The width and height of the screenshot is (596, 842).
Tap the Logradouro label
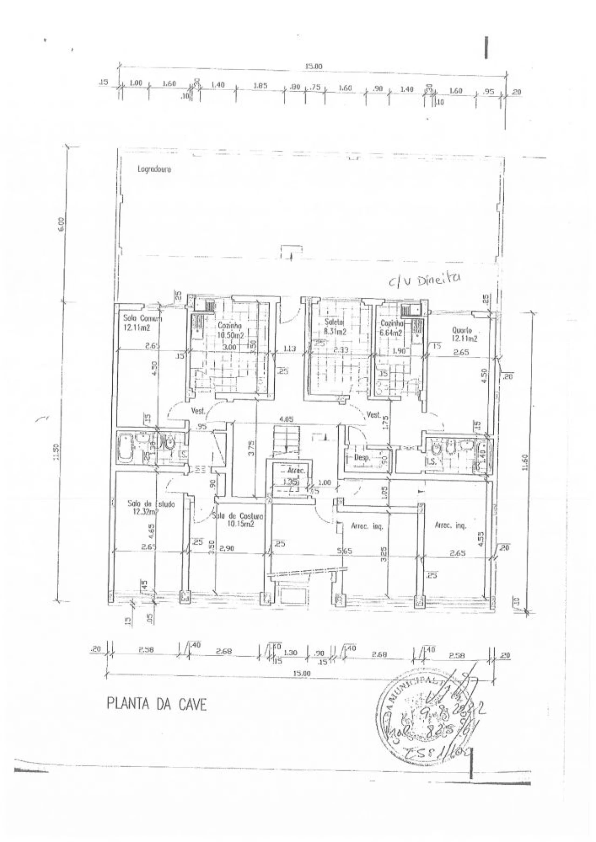pos(154,170)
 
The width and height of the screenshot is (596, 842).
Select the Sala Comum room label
pos(142,319)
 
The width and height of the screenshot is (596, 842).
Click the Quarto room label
pos(462,330)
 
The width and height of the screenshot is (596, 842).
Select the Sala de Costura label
pos(238,516)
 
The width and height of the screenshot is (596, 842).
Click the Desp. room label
pos(362,458)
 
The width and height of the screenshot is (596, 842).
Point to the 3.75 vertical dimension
pos(251,451)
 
